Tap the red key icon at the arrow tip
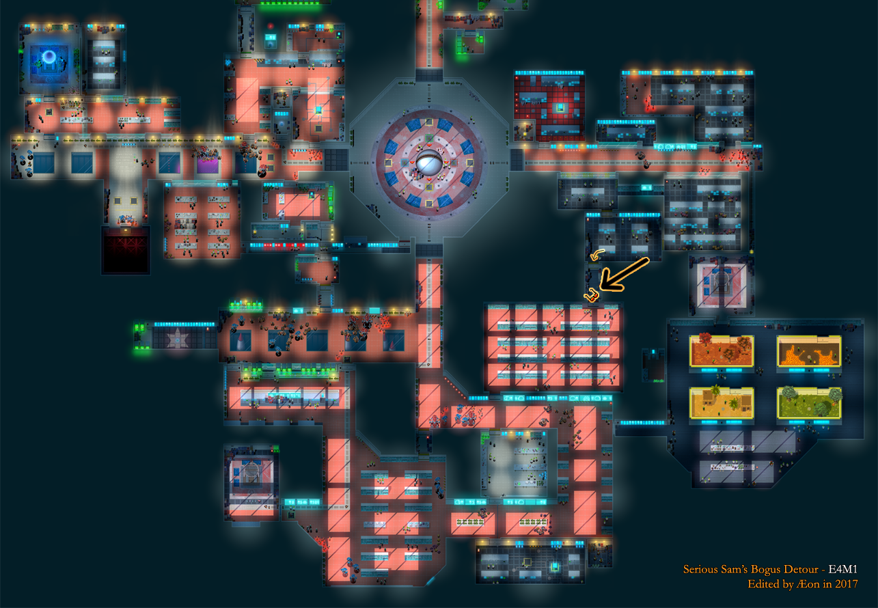pyautogui.click(x=591, y=296)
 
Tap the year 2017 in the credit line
pyautogui.click(x=846, y=584)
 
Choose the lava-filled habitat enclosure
pyautogui.click(x=809, y=351)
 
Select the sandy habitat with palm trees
pyautogui.click(x=722, y=402)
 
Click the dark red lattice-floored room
pyautogui.click(x=126, y=249)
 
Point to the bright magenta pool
pyautogui.click(x=208, y=163)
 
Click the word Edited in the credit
pyautogui.click(x=762, y=584)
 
